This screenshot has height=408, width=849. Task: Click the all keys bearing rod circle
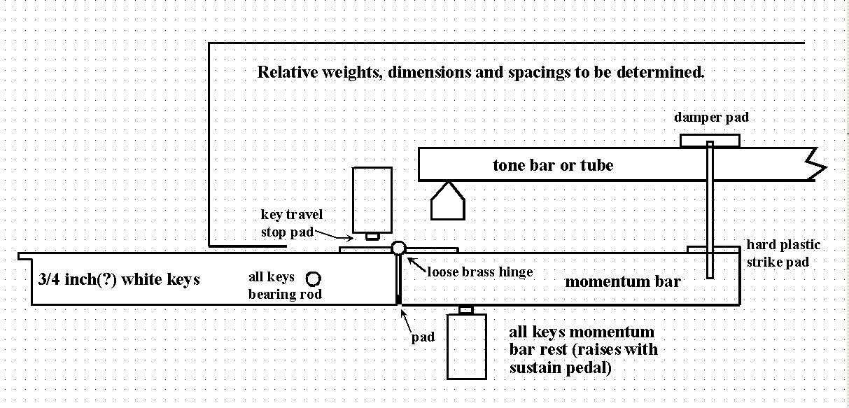[313, 279]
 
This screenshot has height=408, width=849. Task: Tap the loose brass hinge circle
[398, 247]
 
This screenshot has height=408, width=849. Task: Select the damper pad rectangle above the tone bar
[710, 141]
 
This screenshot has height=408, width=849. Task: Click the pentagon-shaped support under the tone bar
[447, 201]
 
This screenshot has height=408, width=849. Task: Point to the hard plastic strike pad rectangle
[714, 249]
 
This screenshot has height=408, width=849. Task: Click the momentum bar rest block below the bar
[467, 345]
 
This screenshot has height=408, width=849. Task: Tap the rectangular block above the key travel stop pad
[372, 199]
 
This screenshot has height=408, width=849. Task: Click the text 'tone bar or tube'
[553, 166]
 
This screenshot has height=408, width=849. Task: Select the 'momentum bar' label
[623, 281]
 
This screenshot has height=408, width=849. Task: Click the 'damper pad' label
[711, 118]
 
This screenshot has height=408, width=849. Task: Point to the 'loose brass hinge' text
[480, 272]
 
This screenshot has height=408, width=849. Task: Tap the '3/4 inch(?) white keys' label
[119, 279]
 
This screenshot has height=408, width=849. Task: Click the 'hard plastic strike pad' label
[783, 253]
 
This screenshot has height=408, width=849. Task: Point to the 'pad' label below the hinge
[422, 337]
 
